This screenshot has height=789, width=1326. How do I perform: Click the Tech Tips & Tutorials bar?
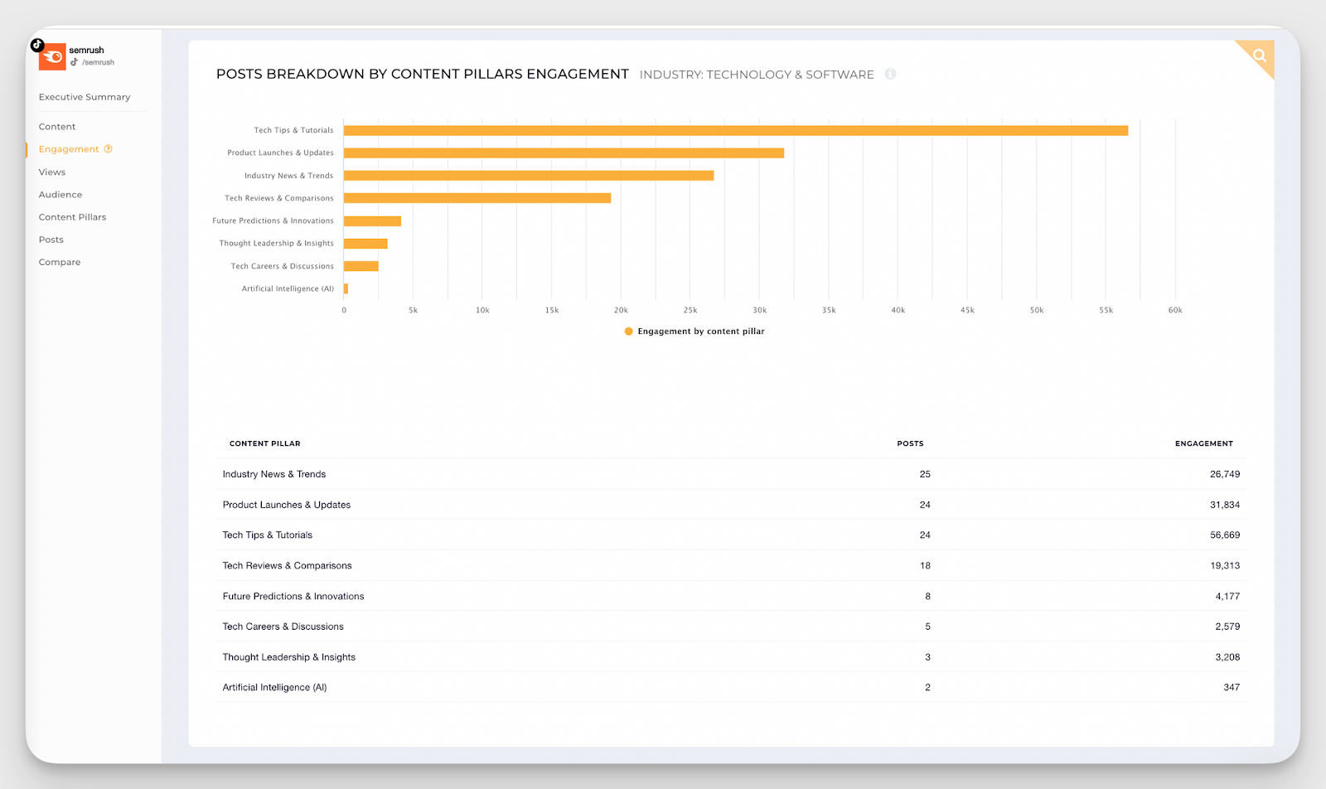[x=735, y=130]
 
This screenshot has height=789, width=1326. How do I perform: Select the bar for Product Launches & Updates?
[x=564, y=152]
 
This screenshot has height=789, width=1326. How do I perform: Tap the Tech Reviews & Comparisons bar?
[x=477, y=198]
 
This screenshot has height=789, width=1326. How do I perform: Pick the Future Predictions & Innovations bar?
[x=372, y=221]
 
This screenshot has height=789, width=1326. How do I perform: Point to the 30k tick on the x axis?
[x=759, y=310]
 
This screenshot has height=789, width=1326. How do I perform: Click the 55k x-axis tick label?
[x=1106, y=310]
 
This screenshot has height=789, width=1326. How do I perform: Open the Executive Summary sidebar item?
[x=85, y=97]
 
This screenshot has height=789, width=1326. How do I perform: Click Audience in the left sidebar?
[x=60, y=195]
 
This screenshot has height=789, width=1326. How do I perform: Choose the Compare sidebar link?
[x=60, y=262]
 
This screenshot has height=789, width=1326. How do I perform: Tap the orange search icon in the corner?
[x=1260, y=56]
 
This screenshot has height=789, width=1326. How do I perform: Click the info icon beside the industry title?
[x=890, y=74]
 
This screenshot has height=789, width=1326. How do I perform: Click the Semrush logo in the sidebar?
[x=52, y=56]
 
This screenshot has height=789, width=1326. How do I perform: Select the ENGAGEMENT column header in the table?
[x=1203, y=443]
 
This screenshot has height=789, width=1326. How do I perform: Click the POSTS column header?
[x=910, y=443]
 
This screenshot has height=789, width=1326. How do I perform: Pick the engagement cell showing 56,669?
[x=1224, y=535]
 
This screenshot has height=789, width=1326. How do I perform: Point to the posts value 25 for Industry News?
[x=925, y=474]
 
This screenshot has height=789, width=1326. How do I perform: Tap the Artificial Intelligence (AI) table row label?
[x=274, y=688]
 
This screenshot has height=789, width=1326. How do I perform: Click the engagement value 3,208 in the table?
[x=1227, y=657]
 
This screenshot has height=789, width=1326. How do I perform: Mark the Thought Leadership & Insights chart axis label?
[x=276, y=244]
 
